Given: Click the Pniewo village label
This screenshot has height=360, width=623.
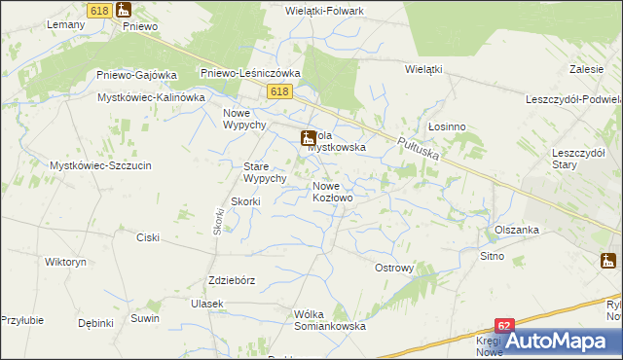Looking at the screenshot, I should [140, 26].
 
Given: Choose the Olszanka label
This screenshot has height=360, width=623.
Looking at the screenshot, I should [516, 230].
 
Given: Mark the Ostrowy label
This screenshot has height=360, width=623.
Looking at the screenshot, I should [395, 268].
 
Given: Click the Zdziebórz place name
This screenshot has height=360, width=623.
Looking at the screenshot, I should [232, 280].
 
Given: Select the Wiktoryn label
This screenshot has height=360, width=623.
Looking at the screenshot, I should [66, 263].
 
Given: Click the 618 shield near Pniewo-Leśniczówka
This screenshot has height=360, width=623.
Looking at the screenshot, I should [279, 90].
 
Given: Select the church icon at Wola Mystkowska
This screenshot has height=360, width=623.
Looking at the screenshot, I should [308, 137].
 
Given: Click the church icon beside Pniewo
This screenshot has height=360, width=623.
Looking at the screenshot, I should [123, 10].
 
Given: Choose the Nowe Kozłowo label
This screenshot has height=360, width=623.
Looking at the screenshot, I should [332, 191].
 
